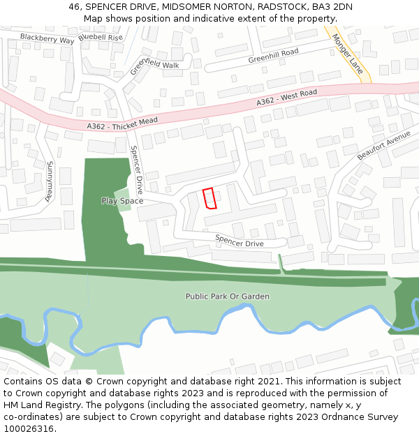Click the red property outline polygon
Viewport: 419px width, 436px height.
pos(209,199)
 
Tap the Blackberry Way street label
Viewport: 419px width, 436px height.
pos(47,38)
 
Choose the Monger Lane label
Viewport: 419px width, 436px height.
pos(347,54)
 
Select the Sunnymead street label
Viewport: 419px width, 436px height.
pos(50,181)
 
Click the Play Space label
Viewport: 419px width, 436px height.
pos(122,201)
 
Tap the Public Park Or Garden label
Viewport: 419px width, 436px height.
pos(227,296)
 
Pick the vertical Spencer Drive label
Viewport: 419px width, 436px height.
pos(136,170)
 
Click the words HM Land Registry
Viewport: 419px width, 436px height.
pos(37,405)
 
